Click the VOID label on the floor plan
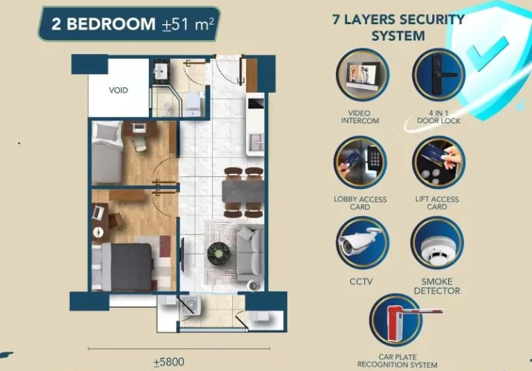(118, 90)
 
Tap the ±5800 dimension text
(168, 361)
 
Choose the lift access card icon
(438, 163)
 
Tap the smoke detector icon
(437, 244)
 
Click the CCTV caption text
(361, 282)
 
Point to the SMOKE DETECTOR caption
(437, 286)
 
